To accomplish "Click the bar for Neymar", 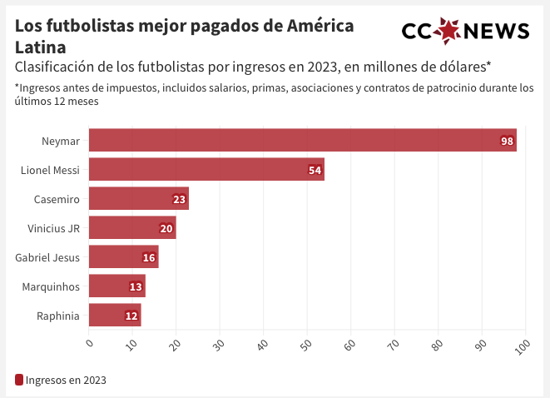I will tap(303, 141).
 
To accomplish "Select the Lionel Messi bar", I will tap(206, 170).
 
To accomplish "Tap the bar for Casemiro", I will tap(139, 199).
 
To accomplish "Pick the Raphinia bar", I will tap(115, 316).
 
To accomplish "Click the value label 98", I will tap(507, 142).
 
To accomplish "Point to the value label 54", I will tap(315, 171).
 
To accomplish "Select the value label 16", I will tap(149, 258).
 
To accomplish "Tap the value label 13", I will tap(136, 287).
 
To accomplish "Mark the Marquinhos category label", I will tap(52, 287).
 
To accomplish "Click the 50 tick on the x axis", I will tap(305, 343).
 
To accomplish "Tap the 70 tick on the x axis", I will tap(393, 343).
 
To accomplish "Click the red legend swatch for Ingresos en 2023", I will tap(19, 380).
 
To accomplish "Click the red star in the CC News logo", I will tap(448, 31).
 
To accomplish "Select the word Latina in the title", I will tap(40, 47).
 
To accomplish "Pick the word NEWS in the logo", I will tap(496, 32).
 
